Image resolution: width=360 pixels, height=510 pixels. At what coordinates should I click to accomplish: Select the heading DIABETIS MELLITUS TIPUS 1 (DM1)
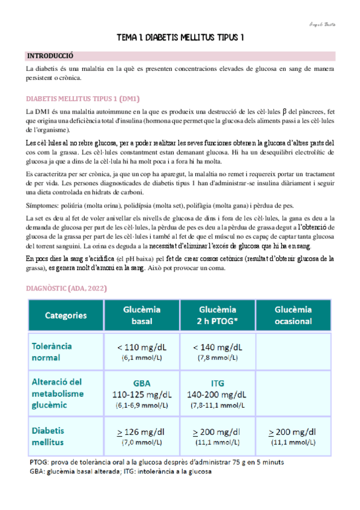[83, 98]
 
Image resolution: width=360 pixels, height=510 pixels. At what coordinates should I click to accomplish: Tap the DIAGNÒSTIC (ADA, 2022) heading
[67, 289]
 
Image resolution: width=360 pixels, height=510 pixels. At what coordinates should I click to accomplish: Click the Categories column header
[66, 315]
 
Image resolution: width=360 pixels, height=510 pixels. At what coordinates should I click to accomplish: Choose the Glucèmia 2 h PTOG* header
[218, 315]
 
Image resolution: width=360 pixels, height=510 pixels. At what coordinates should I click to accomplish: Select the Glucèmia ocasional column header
[293, 315]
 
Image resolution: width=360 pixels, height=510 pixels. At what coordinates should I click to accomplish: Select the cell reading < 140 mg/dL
[218, 351]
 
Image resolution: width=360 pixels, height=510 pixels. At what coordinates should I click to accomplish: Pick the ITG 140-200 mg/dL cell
[218, 394]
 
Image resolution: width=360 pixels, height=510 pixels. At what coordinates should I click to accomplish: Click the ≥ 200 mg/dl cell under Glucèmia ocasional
[293, 436]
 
